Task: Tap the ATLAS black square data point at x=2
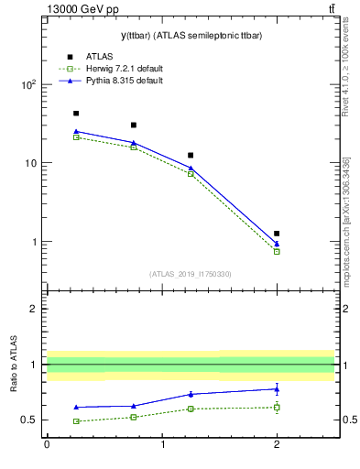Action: click(x=277, y=234)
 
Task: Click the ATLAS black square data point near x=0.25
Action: click(x=76, y=114)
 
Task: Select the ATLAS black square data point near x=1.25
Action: click(x=191, y=156)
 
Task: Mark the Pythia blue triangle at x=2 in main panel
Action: click(x=277, y=244)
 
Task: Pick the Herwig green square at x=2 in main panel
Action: click(x=277, y=251)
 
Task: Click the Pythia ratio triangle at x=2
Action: click(x=277, y=388)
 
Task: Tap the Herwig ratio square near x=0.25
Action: click(x=76, y=421)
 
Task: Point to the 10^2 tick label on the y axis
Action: click(x=27, y=84)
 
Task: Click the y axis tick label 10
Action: click(x=29, y=163)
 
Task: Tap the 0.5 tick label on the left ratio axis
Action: click(x=28, y=420)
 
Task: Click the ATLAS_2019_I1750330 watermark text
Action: click(x=191, y=274)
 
